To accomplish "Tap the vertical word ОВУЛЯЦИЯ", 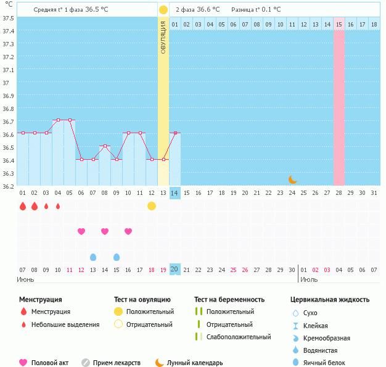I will coord(163,38).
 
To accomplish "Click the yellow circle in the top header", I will coord(163,10).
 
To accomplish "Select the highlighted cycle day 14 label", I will coord(175,193).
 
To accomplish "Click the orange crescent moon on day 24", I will coord(293,179).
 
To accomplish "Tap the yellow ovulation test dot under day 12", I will coord(152,206).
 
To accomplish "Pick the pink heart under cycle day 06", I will coord(81,231).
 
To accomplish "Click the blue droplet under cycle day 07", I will coord(93,257).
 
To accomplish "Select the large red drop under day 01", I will coord(23,206).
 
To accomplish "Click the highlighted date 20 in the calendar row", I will coord(175,270).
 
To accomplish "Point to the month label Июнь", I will coord(25,279).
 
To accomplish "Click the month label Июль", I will coord(310,279).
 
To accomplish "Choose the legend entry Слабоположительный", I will coord(239,337).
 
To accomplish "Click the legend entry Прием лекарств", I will coord(117,363).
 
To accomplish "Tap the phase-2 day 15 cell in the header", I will coord(339,24).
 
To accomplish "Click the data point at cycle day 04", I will coord(58,120).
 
